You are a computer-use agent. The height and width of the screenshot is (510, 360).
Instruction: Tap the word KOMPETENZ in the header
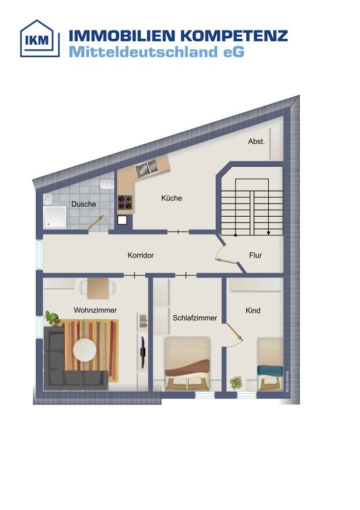(234, 36)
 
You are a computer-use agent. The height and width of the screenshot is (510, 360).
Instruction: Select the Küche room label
(171, 198)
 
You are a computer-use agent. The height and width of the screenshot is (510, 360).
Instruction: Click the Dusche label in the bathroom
(84, 204)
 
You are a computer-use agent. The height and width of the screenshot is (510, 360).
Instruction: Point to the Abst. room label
(256, 141)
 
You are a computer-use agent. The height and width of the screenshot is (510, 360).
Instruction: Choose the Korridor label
(141, 256)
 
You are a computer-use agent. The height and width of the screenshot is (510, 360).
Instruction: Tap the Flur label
(255, 256)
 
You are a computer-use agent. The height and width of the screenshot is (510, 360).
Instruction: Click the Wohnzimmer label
(95, 310)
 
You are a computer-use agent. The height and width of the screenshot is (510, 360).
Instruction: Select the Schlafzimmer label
(195, 318)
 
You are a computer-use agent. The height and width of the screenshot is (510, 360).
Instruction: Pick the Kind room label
(253, 310)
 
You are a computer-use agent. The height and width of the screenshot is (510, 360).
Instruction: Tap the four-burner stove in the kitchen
(125, 202)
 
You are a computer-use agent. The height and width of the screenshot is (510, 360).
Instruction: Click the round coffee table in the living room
(85, 351)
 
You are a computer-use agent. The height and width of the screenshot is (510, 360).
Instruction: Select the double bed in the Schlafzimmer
(187, 364)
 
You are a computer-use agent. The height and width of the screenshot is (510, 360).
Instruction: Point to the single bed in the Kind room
(270, 364)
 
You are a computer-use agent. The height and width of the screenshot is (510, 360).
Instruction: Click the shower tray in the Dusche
(55, 217)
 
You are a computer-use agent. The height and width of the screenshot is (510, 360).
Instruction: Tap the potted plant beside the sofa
(52, 318)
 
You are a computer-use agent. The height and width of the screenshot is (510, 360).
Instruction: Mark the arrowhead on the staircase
(268, 233)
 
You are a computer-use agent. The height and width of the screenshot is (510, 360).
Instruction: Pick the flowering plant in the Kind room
(236, 382)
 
